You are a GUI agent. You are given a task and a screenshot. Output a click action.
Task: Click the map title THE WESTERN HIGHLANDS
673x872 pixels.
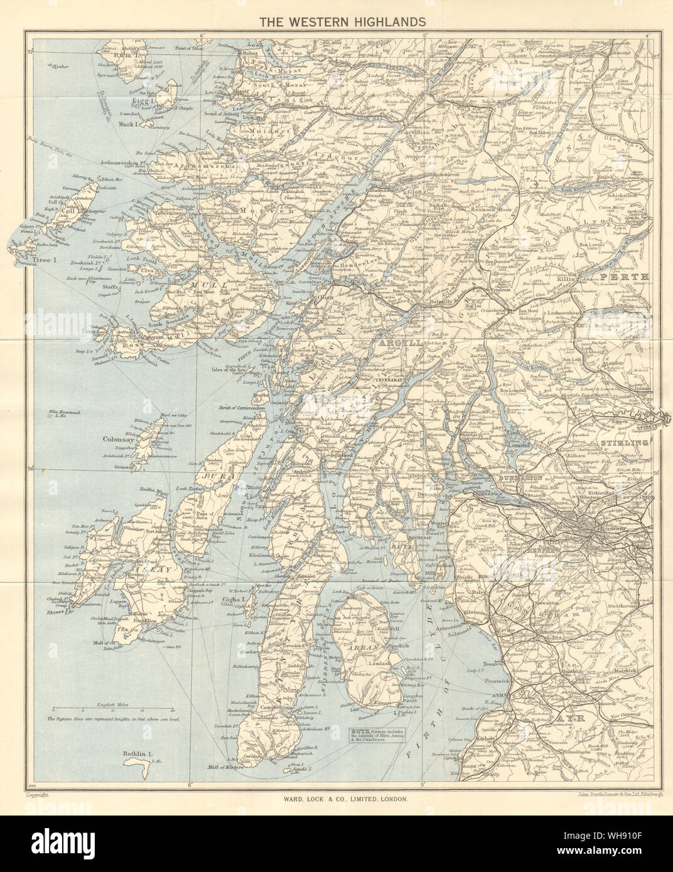click(336, 21)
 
